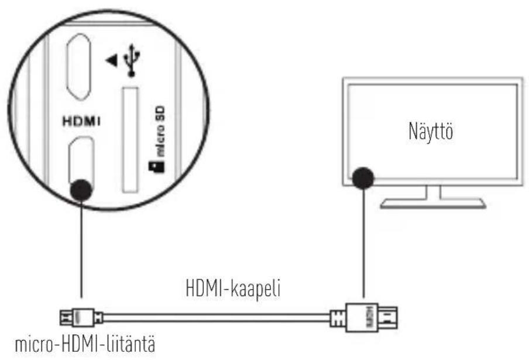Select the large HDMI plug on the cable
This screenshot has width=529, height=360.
366,318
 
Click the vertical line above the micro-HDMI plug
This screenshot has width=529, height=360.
81,252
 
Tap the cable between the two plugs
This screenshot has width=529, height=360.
217,318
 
